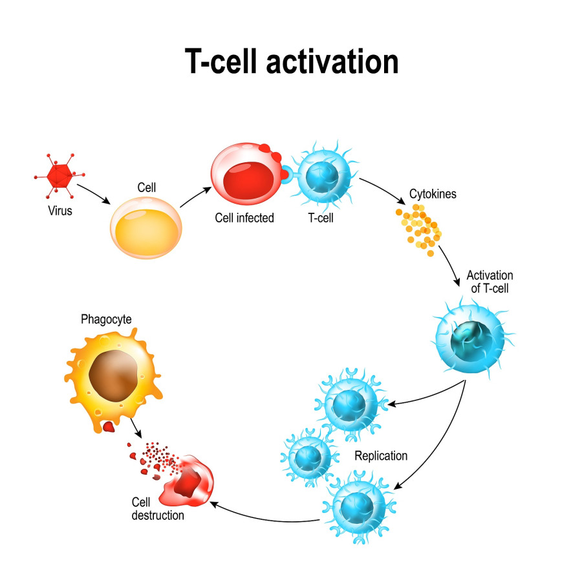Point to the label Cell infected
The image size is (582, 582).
click(x=244, y=218)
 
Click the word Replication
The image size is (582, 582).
click(x=381, y=456)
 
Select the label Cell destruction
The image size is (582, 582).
click(x=158, y=509)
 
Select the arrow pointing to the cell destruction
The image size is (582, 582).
click(x=265, y=514)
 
